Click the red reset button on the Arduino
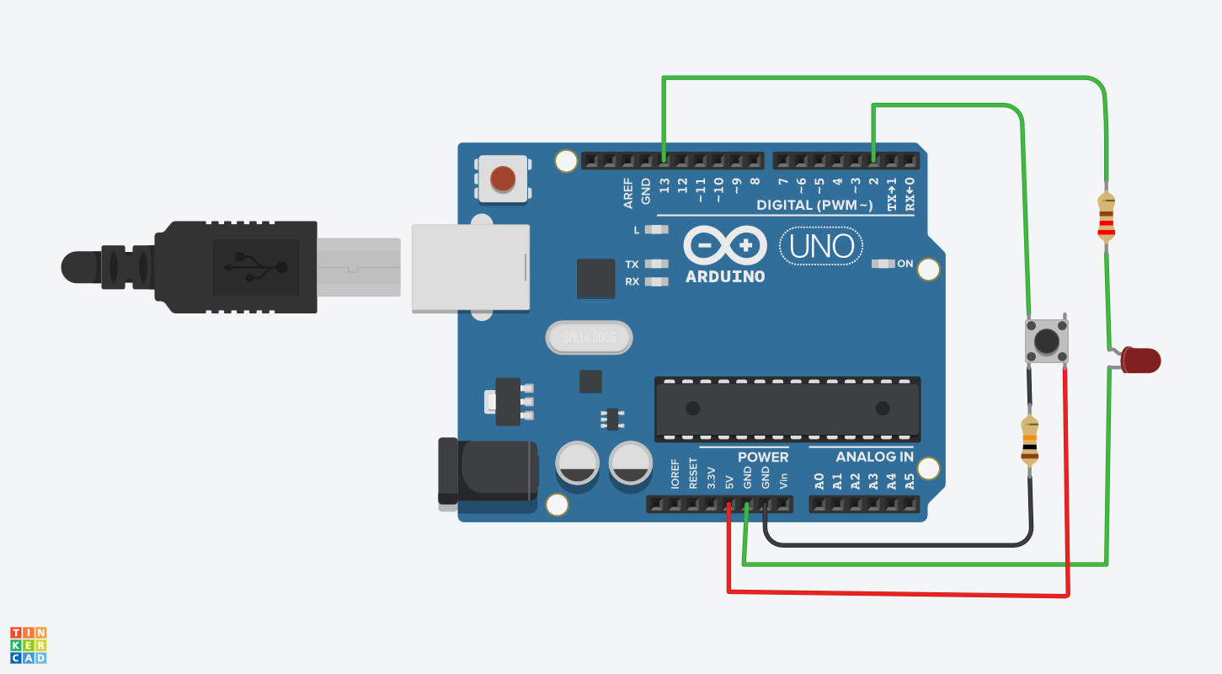tap(503, 179)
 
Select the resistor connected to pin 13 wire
tap(1106, 217)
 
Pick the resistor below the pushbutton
tap(1030, 441)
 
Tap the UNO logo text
tap(822, 246)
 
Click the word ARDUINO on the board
tap(724, 276)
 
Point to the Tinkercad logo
tap(29, 645)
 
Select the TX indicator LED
tap(656, 264)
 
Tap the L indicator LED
tap(656, 229)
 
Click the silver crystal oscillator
tap(587, 339)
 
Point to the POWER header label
tap(763, 457)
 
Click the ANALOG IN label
tap(874, 457)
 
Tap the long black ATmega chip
tap(787, 409)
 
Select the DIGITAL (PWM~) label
tap(814, 205)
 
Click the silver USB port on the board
tap(470, 268)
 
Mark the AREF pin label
tap(628, 193)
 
